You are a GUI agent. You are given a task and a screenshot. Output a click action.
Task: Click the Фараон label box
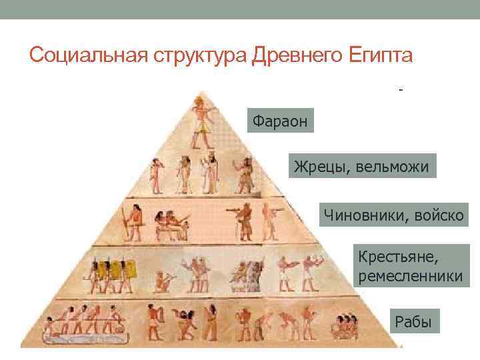click(x=280, y=120)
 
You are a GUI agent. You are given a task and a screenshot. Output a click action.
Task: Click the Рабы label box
click(x=413, y=323)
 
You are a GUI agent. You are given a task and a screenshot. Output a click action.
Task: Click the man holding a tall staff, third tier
click(x=129, y=223)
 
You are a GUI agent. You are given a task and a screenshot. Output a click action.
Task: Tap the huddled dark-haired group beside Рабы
click(x=346, y=326)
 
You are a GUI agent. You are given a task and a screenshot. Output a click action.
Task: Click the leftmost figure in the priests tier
click(x=155, y=175)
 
